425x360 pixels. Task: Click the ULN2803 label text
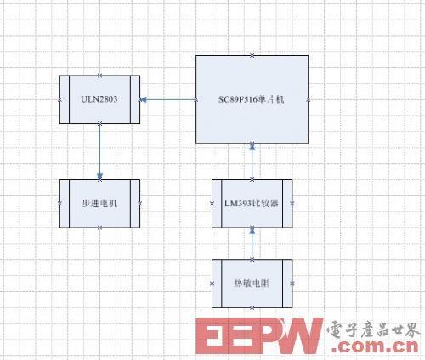coord(99,99)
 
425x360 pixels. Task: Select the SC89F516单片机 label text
coord(251,99)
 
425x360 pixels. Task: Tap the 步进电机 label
coord(99,204)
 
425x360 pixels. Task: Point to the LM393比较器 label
coord(252,204)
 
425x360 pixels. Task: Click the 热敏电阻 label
coord(252,284)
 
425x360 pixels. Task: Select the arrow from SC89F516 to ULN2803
coord(168,99)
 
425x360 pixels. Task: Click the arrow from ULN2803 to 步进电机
coord(99,151)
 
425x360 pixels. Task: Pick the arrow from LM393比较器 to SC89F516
coord(252,161)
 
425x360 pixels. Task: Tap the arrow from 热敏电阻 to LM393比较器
coord(252,244)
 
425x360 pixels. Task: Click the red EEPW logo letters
coord(259,335)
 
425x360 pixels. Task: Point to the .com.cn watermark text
coord(376,346)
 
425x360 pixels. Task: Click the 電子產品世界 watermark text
coord(373,329)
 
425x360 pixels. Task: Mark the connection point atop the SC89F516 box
coord(252,55)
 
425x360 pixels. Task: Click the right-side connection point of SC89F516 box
coord(309,99)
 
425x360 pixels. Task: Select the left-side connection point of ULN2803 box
coord(59,99)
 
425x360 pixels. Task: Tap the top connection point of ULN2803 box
coord(99,76)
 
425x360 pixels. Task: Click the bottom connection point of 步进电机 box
coord(99,228)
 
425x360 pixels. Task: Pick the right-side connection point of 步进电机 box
coord(139,204)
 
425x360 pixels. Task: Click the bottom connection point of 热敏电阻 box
coord(252,307)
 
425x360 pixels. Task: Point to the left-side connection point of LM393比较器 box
coord(212,204)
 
